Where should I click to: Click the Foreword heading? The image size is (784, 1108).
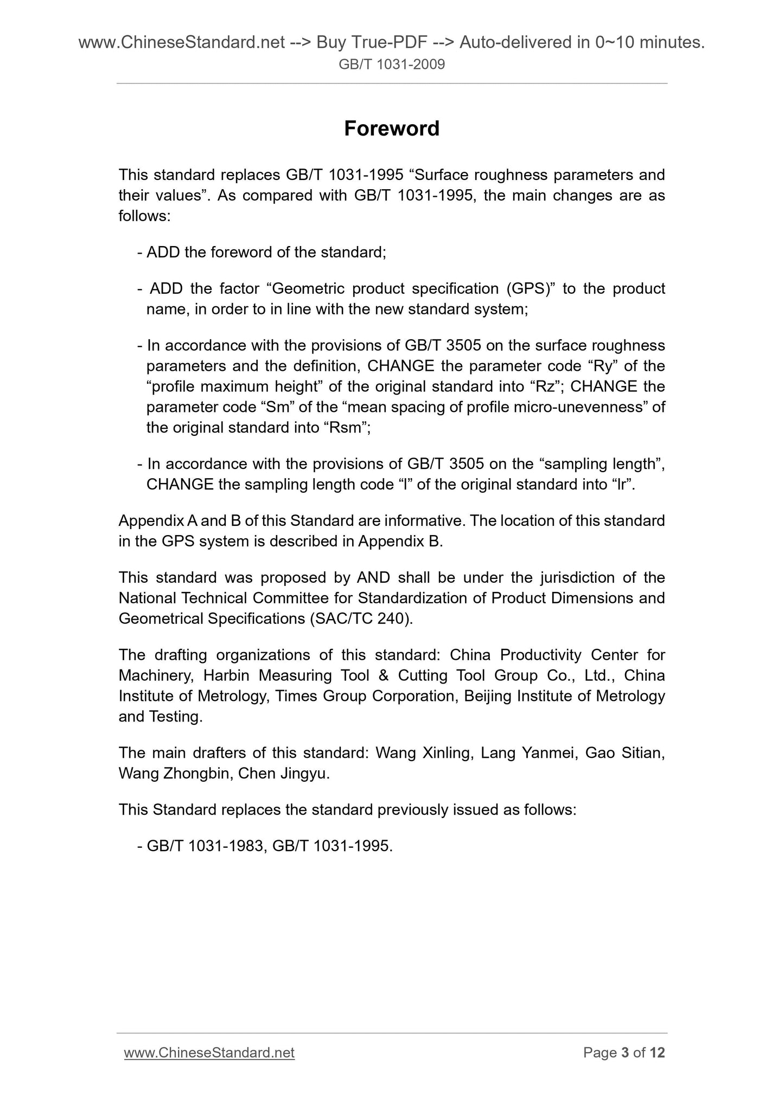click(x=391, y=129)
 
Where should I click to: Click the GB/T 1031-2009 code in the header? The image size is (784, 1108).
click(x=391, y=65)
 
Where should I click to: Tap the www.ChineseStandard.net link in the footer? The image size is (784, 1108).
click(x=209, y=1052)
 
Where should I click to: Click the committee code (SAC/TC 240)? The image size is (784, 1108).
click(x=361, y=619)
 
